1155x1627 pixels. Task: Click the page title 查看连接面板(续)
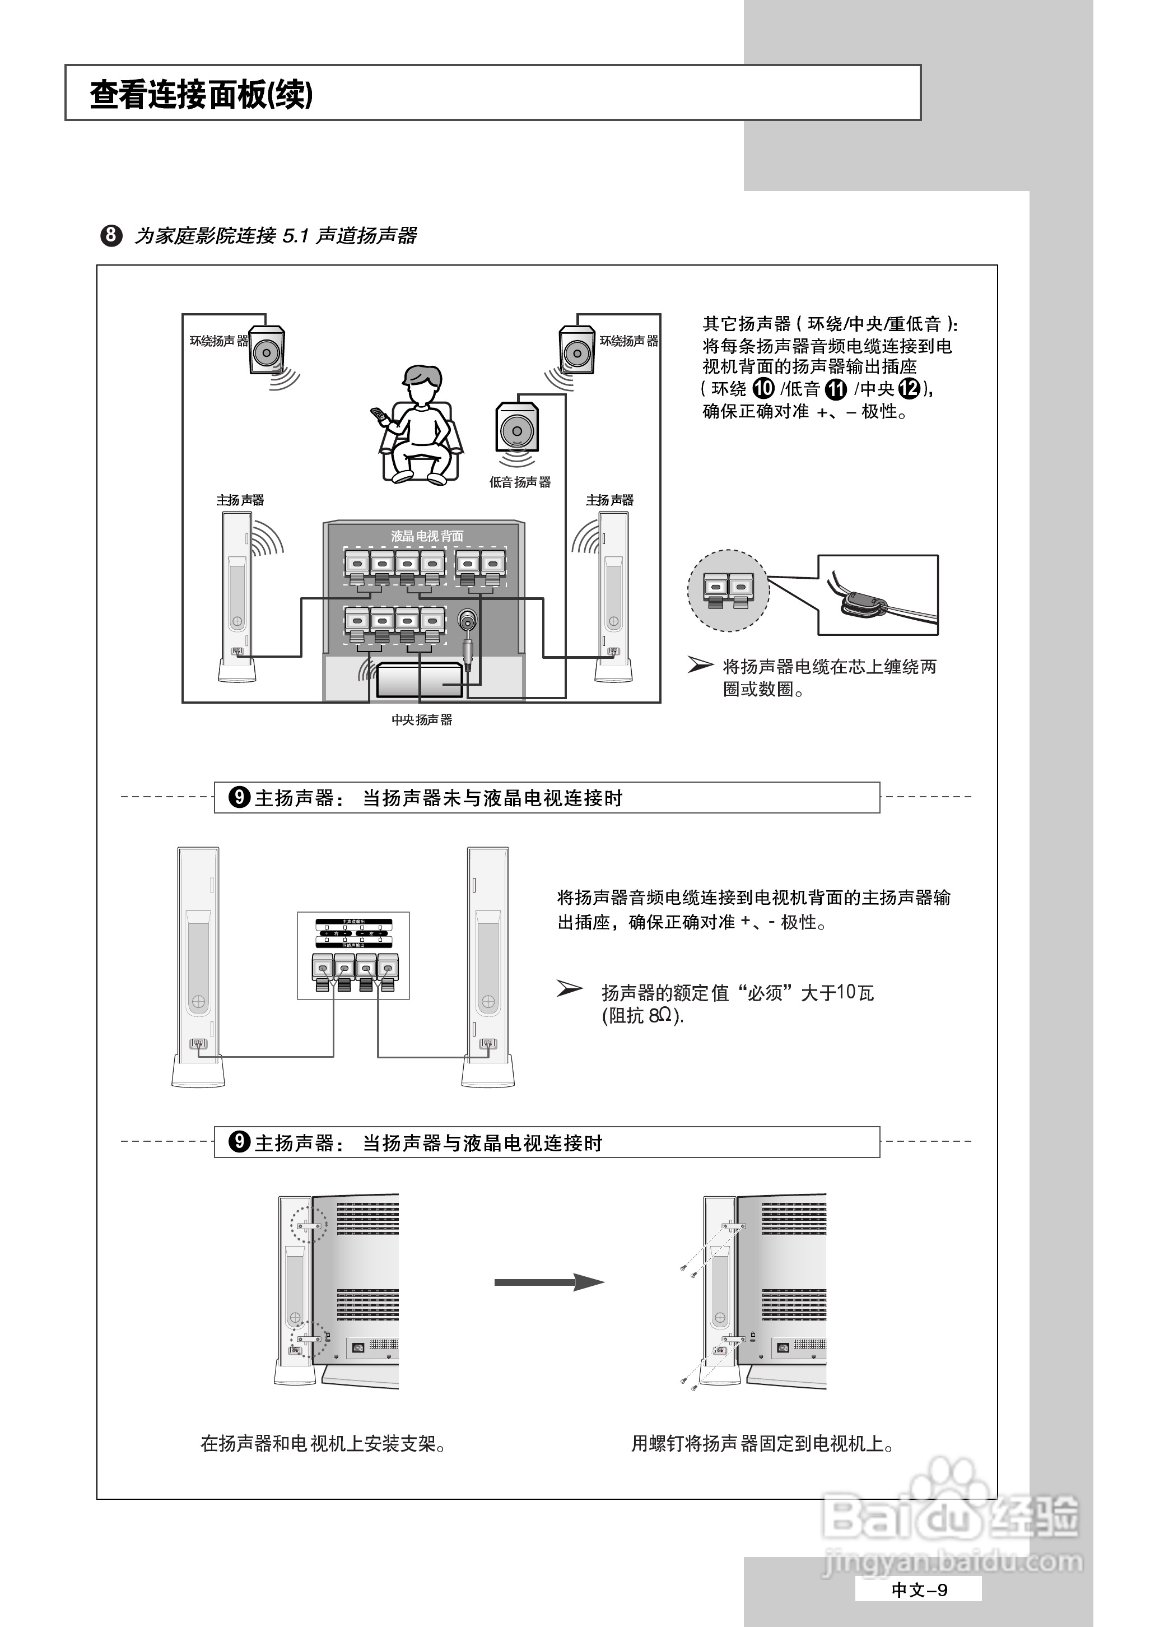click(x=201, y=95)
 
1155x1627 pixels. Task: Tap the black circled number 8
click(x=111, y=235)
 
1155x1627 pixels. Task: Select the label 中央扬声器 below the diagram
click(x=422, y=720)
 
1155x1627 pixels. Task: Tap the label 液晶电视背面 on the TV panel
click(x=427, y=536)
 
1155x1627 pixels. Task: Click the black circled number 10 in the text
click(x=763, y=388)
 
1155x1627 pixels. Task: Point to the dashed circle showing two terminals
click(x=728, y=591)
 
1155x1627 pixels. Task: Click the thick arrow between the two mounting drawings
click(x=549, y=1282)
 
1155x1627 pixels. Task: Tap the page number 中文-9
click(x=919, y=1590)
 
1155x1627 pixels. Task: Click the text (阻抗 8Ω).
click(x=642, y=1016)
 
